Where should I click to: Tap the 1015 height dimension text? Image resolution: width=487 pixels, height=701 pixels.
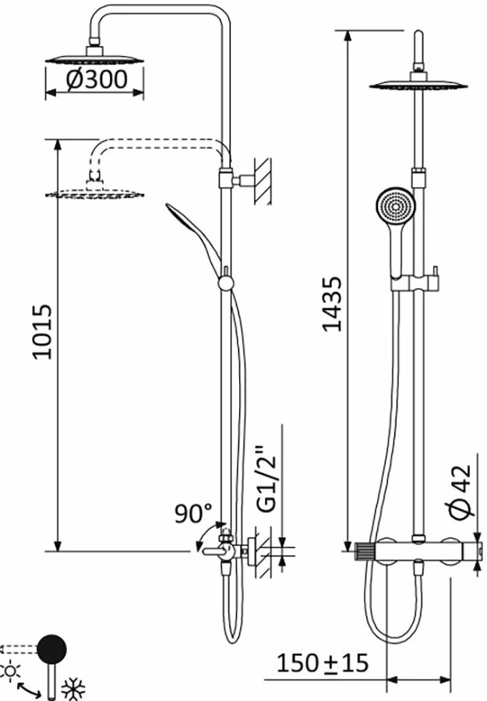coord(42,331)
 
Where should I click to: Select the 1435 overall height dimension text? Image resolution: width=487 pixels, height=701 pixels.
coord(333,304)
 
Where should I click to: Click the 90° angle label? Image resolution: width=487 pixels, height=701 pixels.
coord(193,514)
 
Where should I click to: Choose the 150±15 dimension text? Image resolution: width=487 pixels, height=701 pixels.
coord(322,664)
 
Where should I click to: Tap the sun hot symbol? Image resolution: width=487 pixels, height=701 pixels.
coord(10,671)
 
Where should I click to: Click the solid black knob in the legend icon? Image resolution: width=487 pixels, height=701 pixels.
coord(52,649)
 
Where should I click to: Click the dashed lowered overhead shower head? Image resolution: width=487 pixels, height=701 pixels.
coord(95,191)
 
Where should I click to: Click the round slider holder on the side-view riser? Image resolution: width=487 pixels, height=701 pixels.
coord(227,282)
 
